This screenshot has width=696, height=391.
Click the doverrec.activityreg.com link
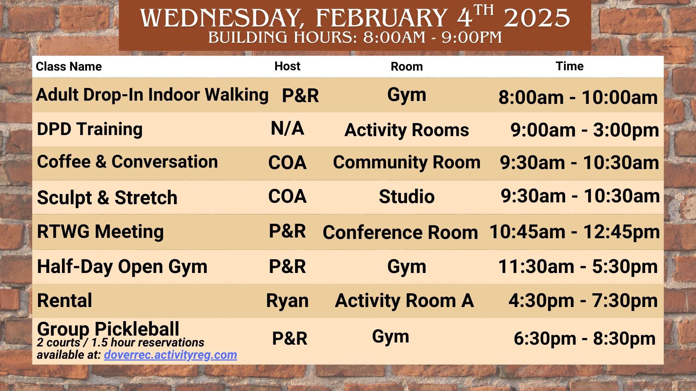170,355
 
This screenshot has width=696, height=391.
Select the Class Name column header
69,67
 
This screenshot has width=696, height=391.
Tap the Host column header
287,66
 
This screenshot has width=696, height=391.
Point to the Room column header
406,67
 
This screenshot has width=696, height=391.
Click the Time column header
569,66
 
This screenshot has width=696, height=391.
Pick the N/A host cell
287,129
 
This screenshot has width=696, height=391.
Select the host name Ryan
287,301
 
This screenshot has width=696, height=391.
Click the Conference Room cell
400,232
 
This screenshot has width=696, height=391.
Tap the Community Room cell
406,162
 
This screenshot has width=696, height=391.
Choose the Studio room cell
406,197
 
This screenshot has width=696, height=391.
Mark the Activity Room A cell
404,301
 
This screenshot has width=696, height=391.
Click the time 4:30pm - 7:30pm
583,301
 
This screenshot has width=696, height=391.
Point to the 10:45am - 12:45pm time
575,232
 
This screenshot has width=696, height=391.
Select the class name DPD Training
90,129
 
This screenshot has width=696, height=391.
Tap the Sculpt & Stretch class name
107,198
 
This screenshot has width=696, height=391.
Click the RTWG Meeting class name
100,232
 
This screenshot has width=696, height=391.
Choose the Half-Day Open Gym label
122,267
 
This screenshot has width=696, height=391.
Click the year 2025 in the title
537,18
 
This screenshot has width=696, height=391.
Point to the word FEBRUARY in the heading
381,18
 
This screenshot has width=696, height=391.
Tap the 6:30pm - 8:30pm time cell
584,339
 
